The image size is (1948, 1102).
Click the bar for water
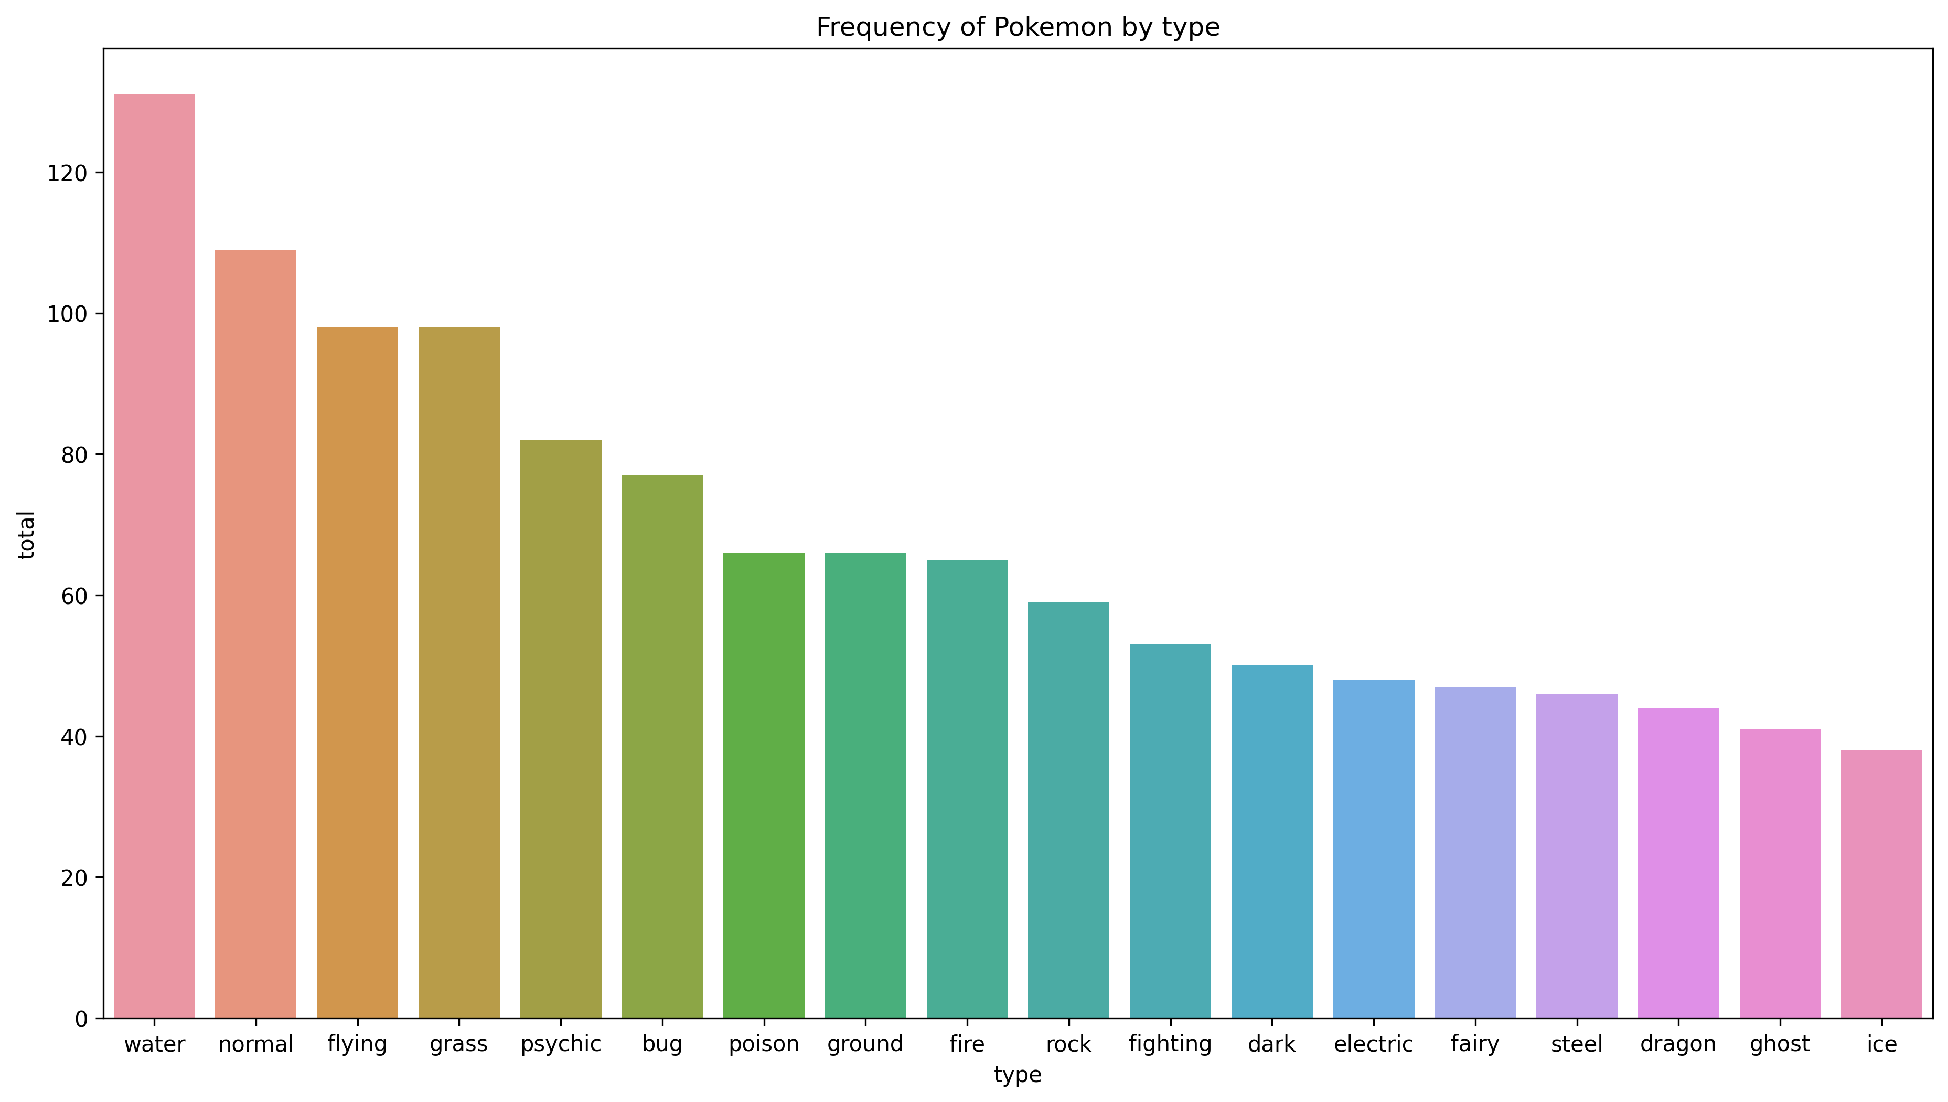tap(154, 556)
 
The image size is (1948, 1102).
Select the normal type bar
tap(256, 633)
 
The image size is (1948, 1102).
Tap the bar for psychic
tap(561, 729)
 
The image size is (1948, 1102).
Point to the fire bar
tap(967, 789)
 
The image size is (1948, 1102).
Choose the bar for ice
tap(1881, 884)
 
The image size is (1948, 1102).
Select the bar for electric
tap(1373, 849)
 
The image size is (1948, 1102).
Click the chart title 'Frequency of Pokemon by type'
tap(1018, 27)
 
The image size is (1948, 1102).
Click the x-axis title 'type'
tap(1018, 1075)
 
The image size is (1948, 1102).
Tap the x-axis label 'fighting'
tap(1170, 1044)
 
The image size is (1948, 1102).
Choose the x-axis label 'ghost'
tap(1779, 1044)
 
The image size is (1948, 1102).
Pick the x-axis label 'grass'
tap(458, 1044)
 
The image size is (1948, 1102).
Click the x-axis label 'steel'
tap(1577, 1044)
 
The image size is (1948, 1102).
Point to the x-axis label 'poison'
tap(763, 1044)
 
